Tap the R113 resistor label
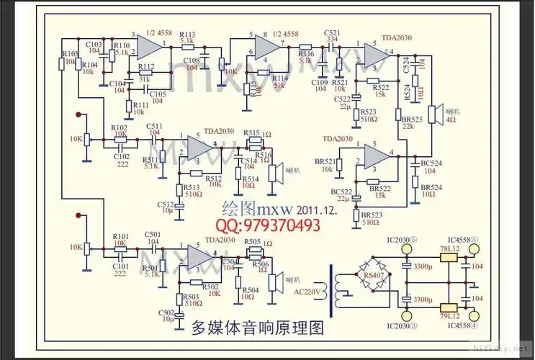(x=186, y=35)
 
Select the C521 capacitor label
(x=332, y=33)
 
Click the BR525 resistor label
(x=412, y=118)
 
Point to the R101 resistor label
(x=120, y=236)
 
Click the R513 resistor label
(x=193, y=186)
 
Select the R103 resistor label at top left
(x=70, y=54)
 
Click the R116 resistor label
(x=305, y=53)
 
